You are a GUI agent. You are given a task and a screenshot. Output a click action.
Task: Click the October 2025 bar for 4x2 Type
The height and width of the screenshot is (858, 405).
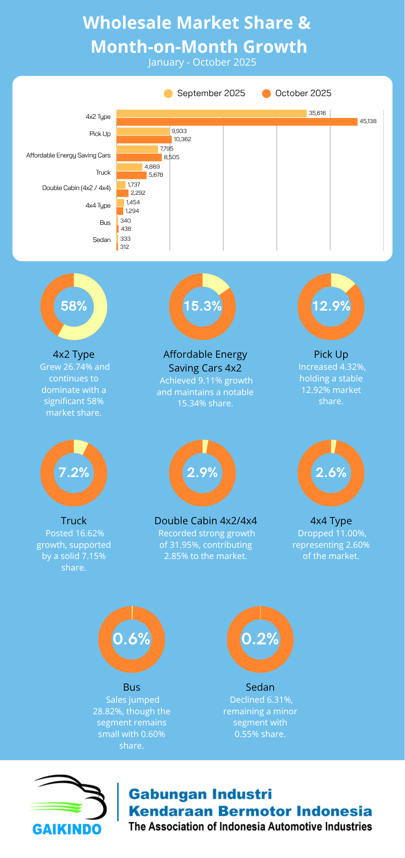pyautogui.click(x=237, y=122)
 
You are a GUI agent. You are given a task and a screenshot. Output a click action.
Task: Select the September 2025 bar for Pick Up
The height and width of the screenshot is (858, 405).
pyautogui.click(x=143, y=131)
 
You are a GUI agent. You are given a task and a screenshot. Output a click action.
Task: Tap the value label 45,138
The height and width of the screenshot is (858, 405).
pyautogui.click(x=368, y=121)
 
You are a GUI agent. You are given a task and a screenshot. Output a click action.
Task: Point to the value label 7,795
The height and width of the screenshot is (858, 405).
pyautogui.click(x=167, y=149)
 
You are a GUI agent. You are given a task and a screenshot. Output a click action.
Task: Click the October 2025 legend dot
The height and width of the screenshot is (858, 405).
pyautogui.click(x=266, y=94)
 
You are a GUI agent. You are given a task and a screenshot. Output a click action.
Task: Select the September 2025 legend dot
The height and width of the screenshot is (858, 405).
pyautogui.click(x=168, y=94)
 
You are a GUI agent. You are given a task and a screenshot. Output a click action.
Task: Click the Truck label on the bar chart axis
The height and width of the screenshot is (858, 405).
pyautogui.click(x=103, y=172)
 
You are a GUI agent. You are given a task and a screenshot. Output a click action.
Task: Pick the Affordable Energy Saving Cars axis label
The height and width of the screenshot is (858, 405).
pyautogui.click(x=68, y=155)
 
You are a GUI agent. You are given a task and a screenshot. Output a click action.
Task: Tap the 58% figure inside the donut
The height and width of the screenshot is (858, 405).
pyautogui.click(x=74, y=306)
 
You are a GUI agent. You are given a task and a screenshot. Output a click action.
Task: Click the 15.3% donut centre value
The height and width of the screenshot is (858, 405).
pyautogui.click(x=202, y=306)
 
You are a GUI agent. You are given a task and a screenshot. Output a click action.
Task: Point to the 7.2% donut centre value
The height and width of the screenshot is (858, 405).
pyautogui.click(x=74, y=473)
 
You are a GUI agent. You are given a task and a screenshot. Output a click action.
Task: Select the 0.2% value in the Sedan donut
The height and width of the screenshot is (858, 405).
pyautogui.click(x=260, y=639)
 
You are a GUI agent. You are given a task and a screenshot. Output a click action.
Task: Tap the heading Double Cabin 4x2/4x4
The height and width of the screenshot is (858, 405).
pyautogui.click(x=206, y=521)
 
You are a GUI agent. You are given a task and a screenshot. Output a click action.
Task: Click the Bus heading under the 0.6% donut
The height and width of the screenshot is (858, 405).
pyautogui.click(x=131, y=687)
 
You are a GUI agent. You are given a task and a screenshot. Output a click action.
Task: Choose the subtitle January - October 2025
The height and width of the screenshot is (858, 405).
pyautogui.click(x=202, y=63)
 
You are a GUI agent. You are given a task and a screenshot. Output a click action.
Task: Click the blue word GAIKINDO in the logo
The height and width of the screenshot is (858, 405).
pyautogui.click(x=67, y=829)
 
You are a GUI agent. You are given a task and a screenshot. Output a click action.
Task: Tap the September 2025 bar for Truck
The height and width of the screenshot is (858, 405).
pyautogui.click(x=129, y=167)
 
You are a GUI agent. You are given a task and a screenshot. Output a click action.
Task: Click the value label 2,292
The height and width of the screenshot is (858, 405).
pyautogui.click(x=138, y=193)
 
